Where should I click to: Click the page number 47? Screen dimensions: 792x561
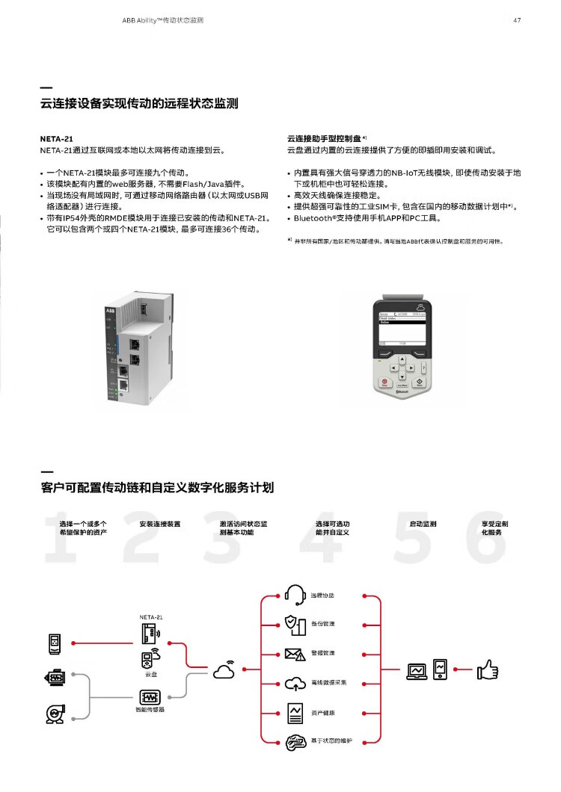516,20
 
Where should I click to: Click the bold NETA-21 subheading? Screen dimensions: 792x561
56,139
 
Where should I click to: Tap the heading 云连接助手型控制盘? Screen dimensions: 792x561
324,139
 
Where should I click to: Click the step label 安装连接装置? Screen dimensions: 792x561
160,524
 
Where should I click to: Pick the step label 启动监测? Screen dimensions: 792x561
423,524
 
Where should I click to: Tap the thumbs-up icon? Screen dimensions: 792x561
487,669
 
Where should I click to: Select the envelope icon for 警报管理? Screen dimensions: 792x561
295,654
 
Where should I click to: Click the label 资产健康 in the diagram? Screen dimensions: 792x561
323,712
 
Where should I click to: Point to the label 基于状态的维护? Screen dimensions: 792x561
331,740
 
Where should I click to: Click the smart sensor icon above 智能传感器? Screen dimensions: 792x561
150,697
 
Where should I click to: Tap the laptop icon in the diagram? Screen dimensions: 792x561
417,669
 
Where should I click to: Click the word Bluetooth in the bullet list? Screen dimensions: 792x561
314,218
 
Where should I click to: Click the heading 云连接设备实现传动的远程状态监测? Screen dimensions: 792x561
139,104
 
